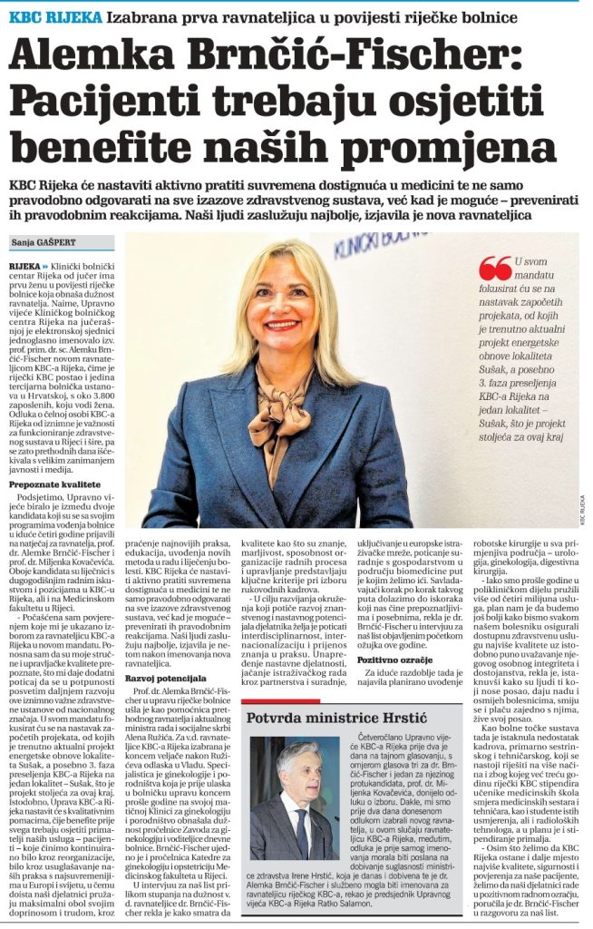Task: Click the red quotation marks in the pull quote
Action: coord(495,268)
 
